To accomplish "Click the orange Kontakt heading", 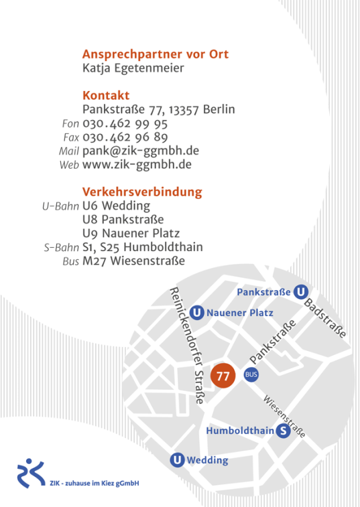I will pos(106,95).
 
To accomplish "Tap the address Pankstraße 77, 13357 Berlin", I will pos(158,110).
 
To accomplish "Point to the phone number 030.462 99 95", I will pos(125,124).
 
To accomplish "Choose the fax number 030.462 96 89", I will pos(125,137).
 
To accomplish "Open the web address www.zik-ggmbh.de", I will pos(137,164).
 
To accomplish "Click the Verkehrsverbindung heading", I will pos(142,192).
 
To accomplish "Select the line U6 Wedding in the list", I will pos(116,206).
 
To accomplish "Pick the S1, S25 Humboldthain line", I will pos(142,247).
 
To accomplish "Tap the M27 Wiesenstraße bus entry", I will pos(133,261).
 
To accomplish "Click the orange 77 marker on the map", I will pos(223,376).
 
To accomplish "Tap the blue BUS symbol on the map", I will pos(251,374).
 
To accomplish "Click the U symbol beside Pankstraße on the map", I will pos(301,291).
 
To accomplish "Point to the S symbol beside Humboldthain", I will pos(284,431).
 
